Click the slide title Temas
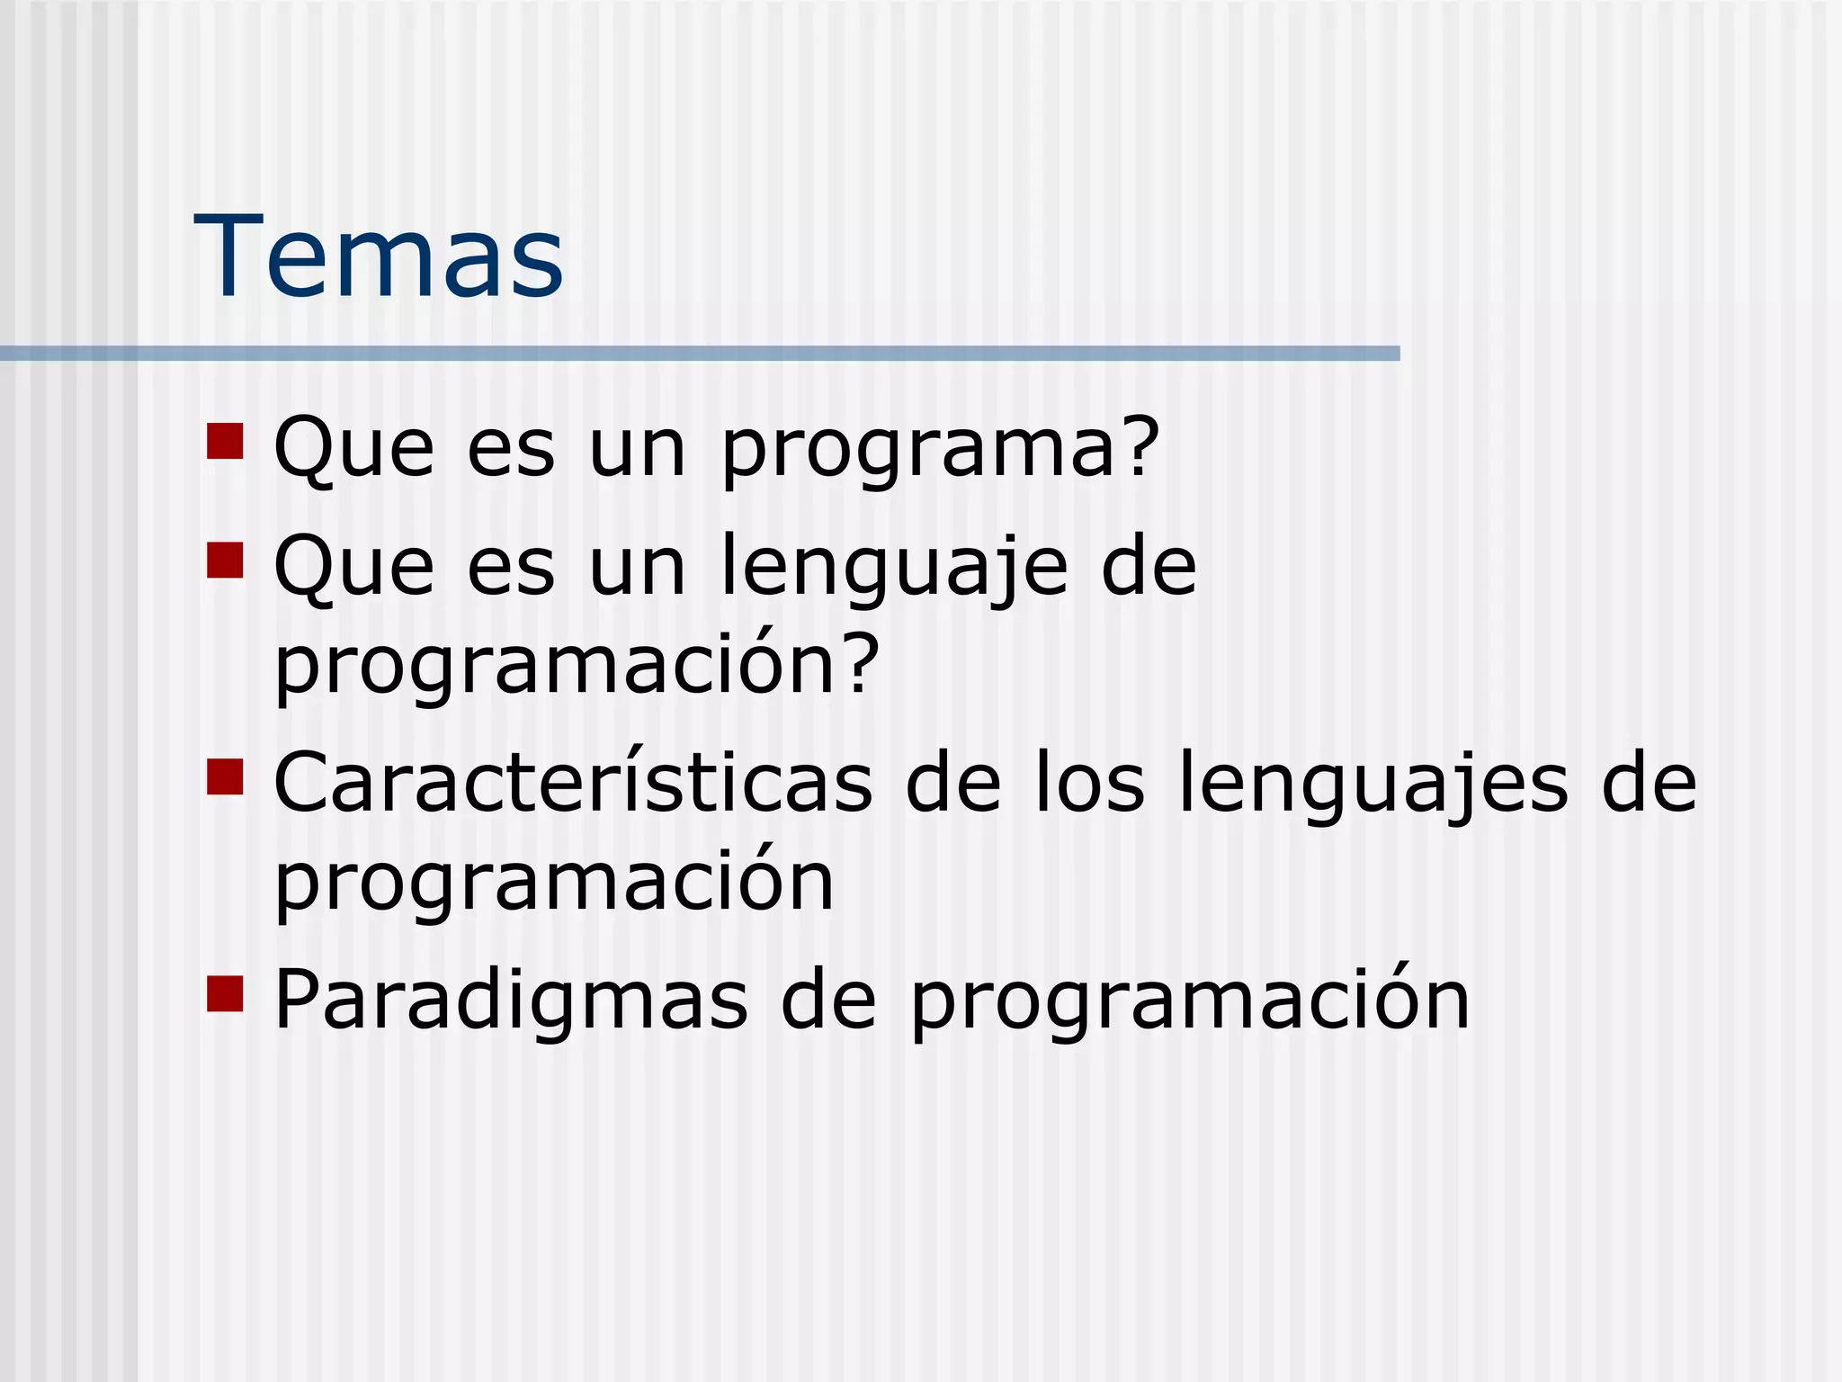click(x=379, y=256)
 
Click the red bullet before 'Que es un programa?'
click(x=225, y=441)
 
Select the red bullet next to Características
click(x=225, y=776)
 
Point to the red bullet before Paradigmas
click(x=225, y=993)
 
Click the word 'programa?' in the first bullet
click(x=941, y=450)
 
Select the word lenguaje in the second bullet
click(x=895, y=569)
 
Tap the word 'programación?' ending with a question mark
click(x=577, y=667)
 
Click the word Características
click(x=573, y=783)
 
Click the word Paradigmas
click(x=510, y=1001)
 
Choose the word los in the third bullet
click(x=1089, y=783)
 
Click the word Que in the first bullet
click(x=353, y=450)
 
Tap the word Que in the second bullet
click(x=353, y=569)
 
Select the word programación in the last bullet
click(x=1189, y=1001)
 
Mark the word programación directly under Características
click(x=554, y=884)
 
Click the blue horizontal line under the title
click(x=700, y=354)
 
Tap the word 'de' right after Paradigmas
click(x=827, y=1001)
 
